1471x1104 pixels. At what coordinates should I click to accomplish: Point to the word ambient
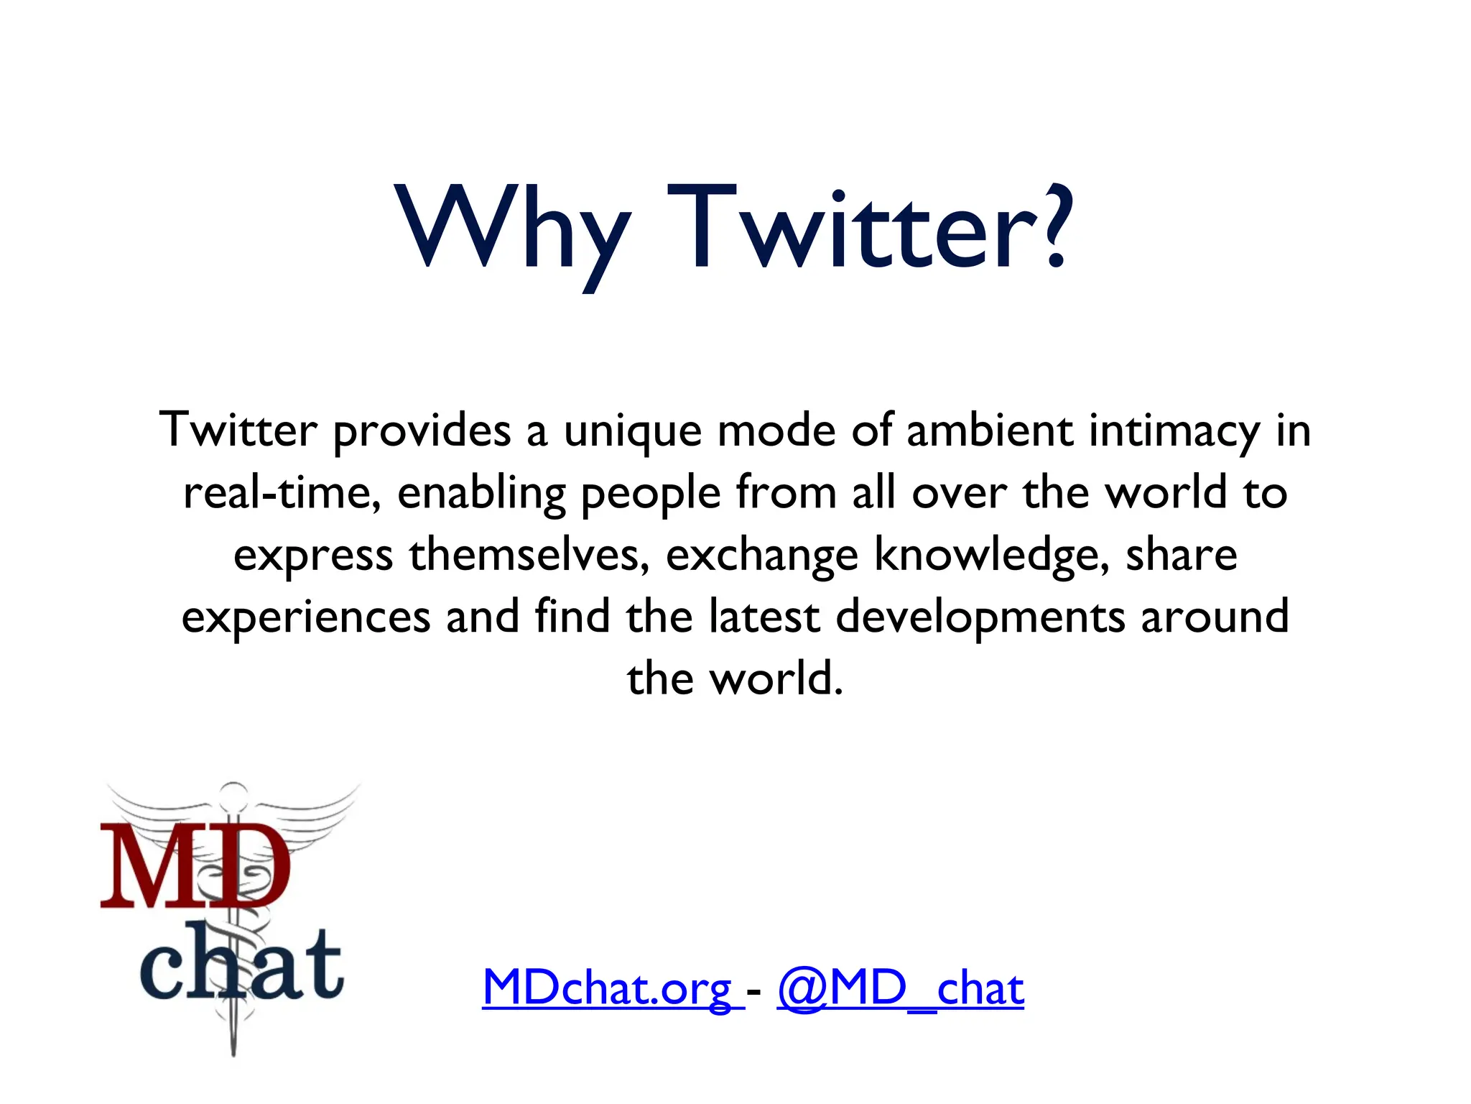pyautogui.click(x=989, y=431)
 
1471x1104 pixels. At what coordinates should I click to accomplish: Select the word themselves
pyautogui.click(x=529, y=556)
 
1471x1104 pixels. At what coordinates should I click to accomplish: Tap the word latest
pyautogui.click(x=764, y=617)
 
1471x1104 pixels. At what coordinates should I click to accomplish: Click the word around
pyautogui.click(x=1215, y=617)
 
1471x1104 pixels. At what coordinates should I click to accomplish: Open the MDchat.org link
pyautogui.click(x=608, y=989)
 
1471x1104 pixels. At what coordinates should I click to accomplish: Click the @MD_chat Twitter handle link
pyautogui.click(x=900, y=989)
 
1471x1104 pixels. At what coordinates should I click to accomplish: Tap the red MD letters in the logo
pyautogui.click(x=195, y=866)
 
